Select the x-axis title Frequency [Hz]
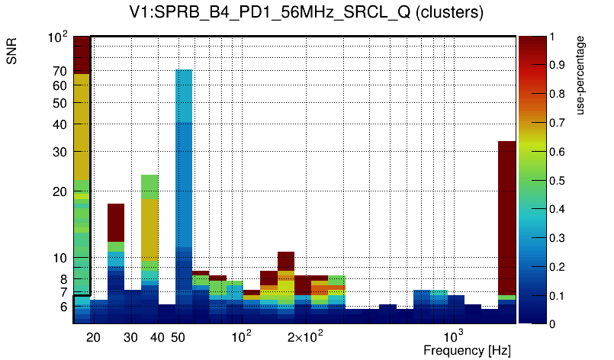tap(466, 350)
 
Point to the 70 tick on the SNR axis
tap(60, 71)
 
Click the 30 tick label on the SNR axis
tap(60, 152)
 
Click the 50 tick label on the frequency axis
tap(178, 337)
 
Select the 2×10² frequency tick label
tap(305, 336)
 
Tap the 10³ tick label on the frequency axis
tap(454, 336)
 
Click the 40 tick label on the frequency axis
tap(157, 337)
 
